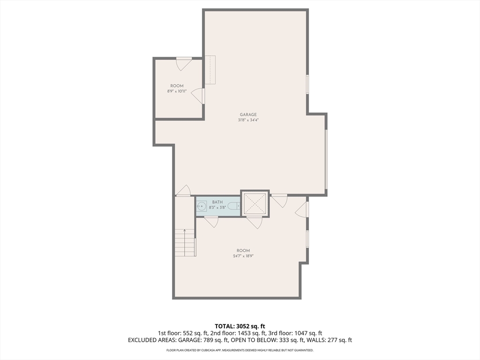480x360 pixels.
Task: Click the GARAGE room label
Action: coord(248,114)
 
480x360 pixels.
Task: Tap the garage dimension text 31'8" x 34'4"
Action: coord(248,120)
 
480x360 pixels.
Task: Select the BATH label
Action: coord(217,202)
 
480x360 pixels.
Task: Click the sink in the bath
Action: coord(202,206)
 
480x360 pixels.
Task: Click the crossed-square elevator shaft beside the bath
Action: coord(255,204)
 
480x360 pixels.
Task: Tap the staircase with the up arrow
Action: coord(185,242)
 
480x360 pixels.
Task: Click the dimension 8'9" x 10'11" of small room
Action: coord(177,91)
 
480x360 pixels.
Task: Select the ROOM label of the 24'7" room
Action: coord(243,250)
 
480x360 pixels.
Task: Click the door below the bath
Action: coord(211,222)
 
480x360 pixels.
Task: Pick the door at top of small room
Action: coord(184,63)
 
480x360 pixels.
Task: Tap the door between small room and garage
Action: coord(199,96)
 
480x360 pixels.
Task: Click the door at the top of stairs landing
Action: coord(183,191)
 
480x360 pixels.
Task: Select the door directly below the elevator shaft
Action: coord(254,222)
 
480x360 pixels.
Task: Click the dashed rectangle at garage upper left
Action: coord(210,70)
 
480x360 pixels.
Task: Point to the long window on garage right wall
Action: coord(326,159)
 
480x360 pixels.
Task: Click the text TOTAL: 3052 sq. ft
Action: coord(240,326)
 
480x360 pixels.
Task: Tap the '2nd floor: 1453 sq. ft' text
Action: coord(240,333)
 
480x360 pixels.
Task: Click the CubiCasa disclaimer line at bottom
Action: coord(240,350)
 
